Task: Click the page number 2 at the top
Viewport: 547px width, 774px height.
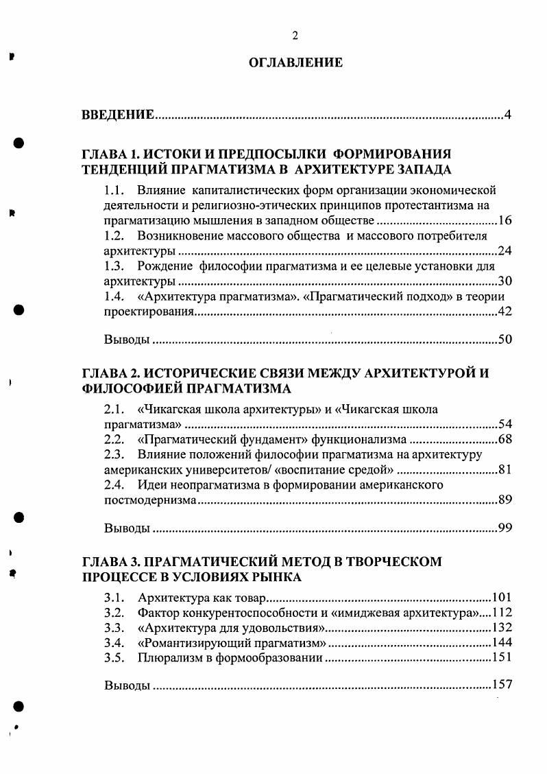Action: [x=294, y=36]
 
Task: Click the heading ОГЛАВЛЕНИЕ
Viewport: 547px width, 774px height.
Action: [x=295, y=63]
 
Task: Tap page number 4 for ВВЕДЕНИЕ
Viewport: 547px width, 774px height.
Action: [x=507, y=115]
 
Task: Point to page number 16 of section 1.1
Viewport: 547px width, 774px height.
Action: [x=505, y=220]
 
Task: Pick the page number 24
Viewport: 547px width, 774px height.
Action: [x=505, y=250]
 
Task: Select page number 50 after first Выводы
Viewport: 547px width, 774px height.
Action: [x=505, y=340]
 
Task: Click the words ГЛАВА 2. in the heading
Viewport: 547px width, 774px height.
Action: [x=107, y=373]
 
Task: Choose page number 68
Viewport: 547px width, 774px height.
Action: [x=505, y=439]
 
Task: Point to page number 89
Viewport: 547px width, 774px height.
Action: [x=505, y=500]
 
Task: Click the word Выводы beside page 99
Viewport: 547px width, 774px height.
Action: [x=127, y=528]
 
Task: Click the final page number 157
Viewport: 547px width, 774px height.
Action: [x=502, y=685]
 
